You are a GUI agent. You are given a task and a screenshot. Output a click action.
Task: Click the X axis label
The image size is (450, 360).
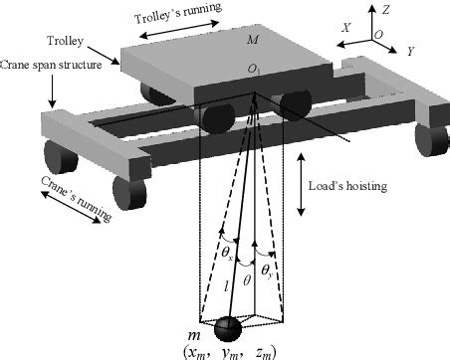(x=345, y=29)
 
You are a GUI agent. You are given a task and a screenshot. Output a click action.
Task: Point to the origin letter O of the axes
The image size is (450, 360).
(x=377, y=33)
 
